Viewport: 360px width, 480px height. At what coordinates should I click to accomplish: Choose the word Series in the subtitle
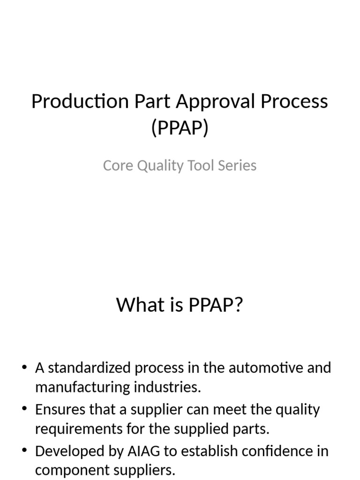238,165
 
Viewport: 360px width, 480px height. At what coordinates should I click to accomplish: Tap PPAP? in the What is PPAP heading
216,305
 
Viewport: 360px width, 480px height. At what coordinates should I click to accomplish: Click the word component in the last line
71,470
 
